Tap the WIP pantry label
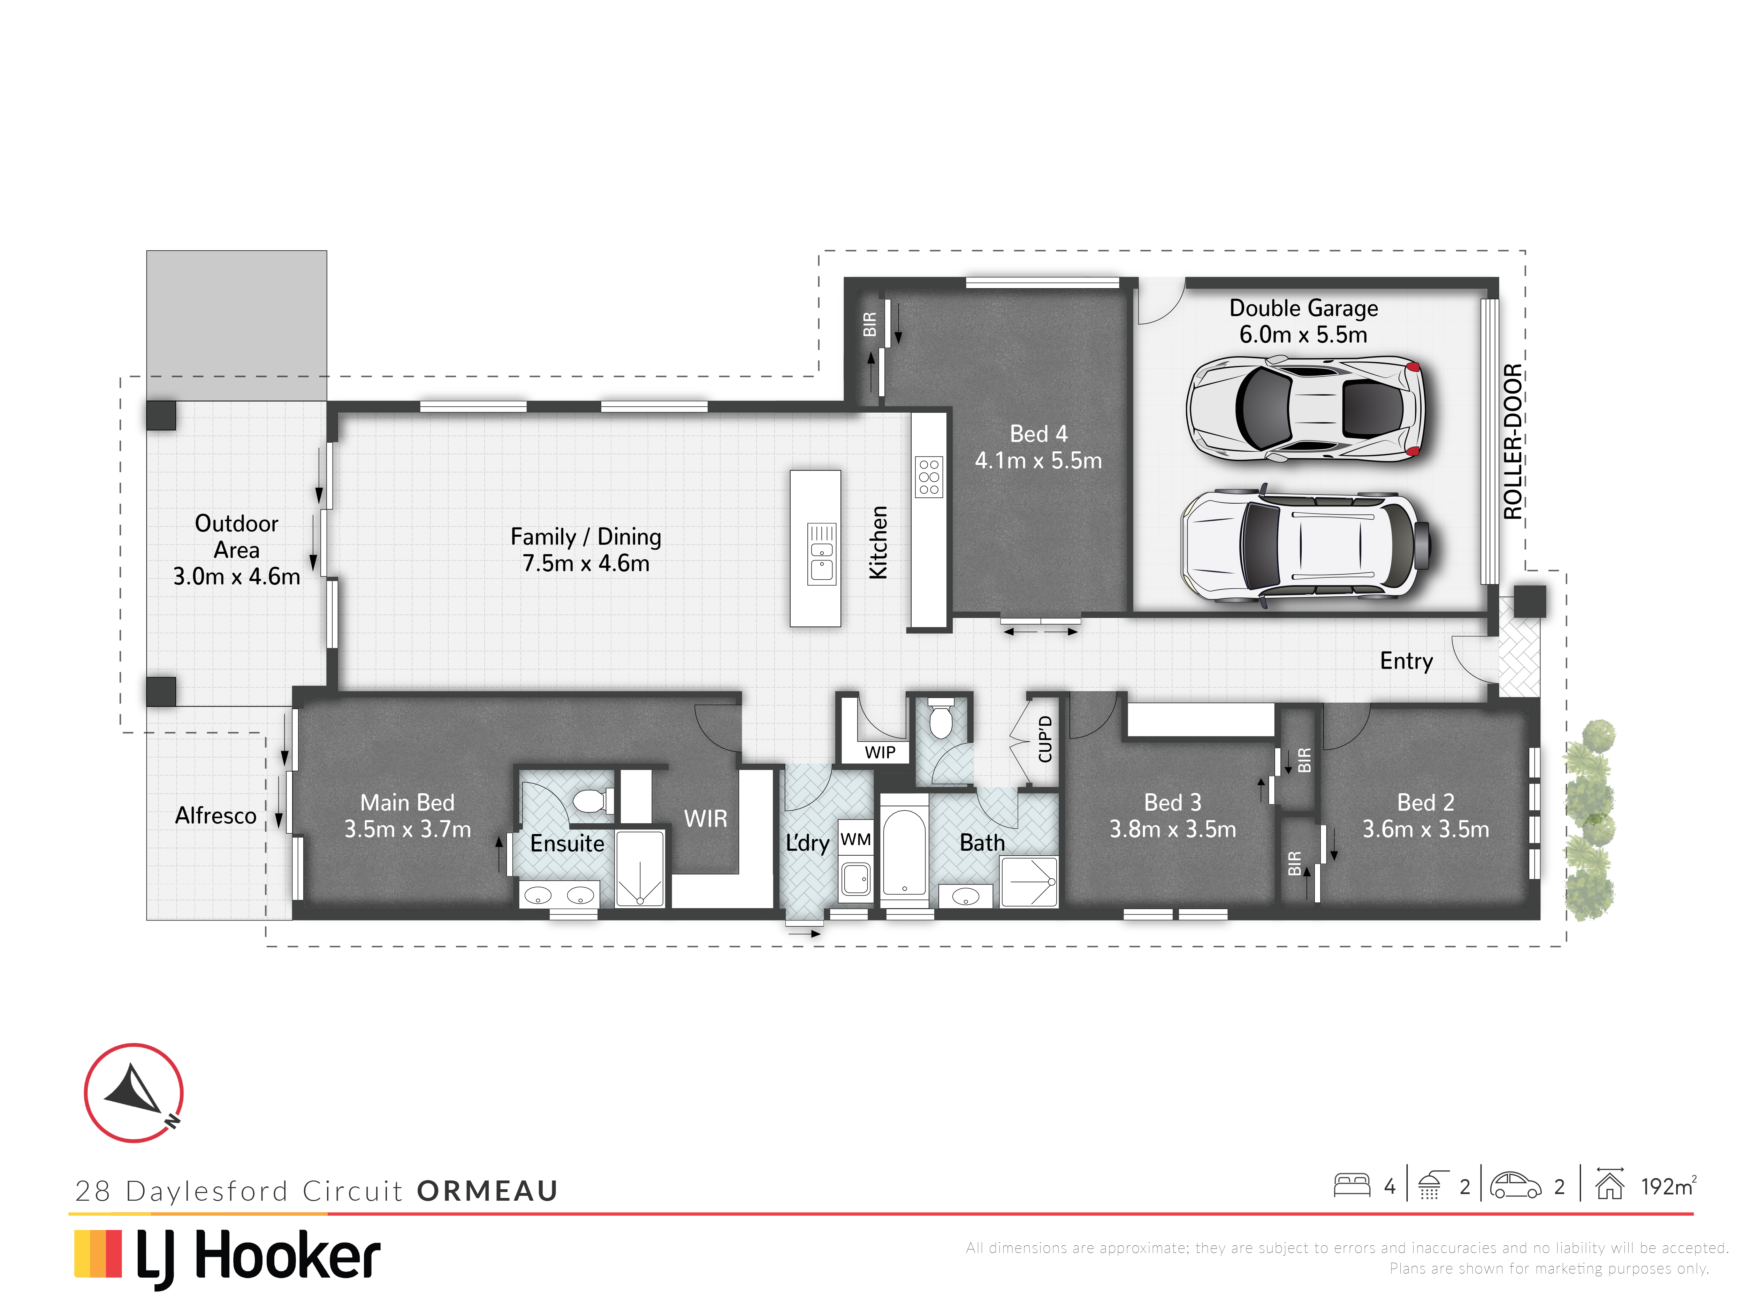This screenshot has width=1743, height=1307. tap(880, 752)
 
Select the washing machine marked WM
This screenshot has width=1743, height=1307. tap(856, 839)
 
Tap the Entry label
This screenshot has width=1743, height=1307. tap(1407, 661)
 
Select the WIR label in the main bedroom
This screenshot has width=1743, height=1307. tap(705, 819)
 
